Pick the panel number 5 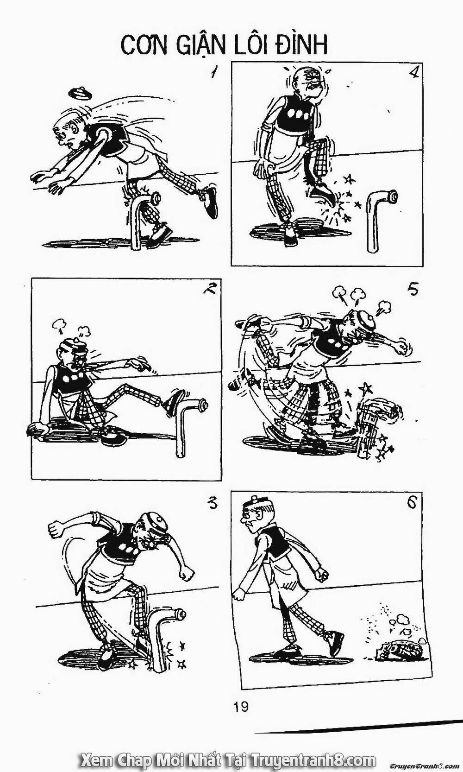click(x=413, y=290)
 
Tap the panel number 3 click(x=212, y=504)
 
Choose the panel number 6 click(x=411, y=503)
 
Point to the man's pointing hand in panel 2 click(x=138, y=364)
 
